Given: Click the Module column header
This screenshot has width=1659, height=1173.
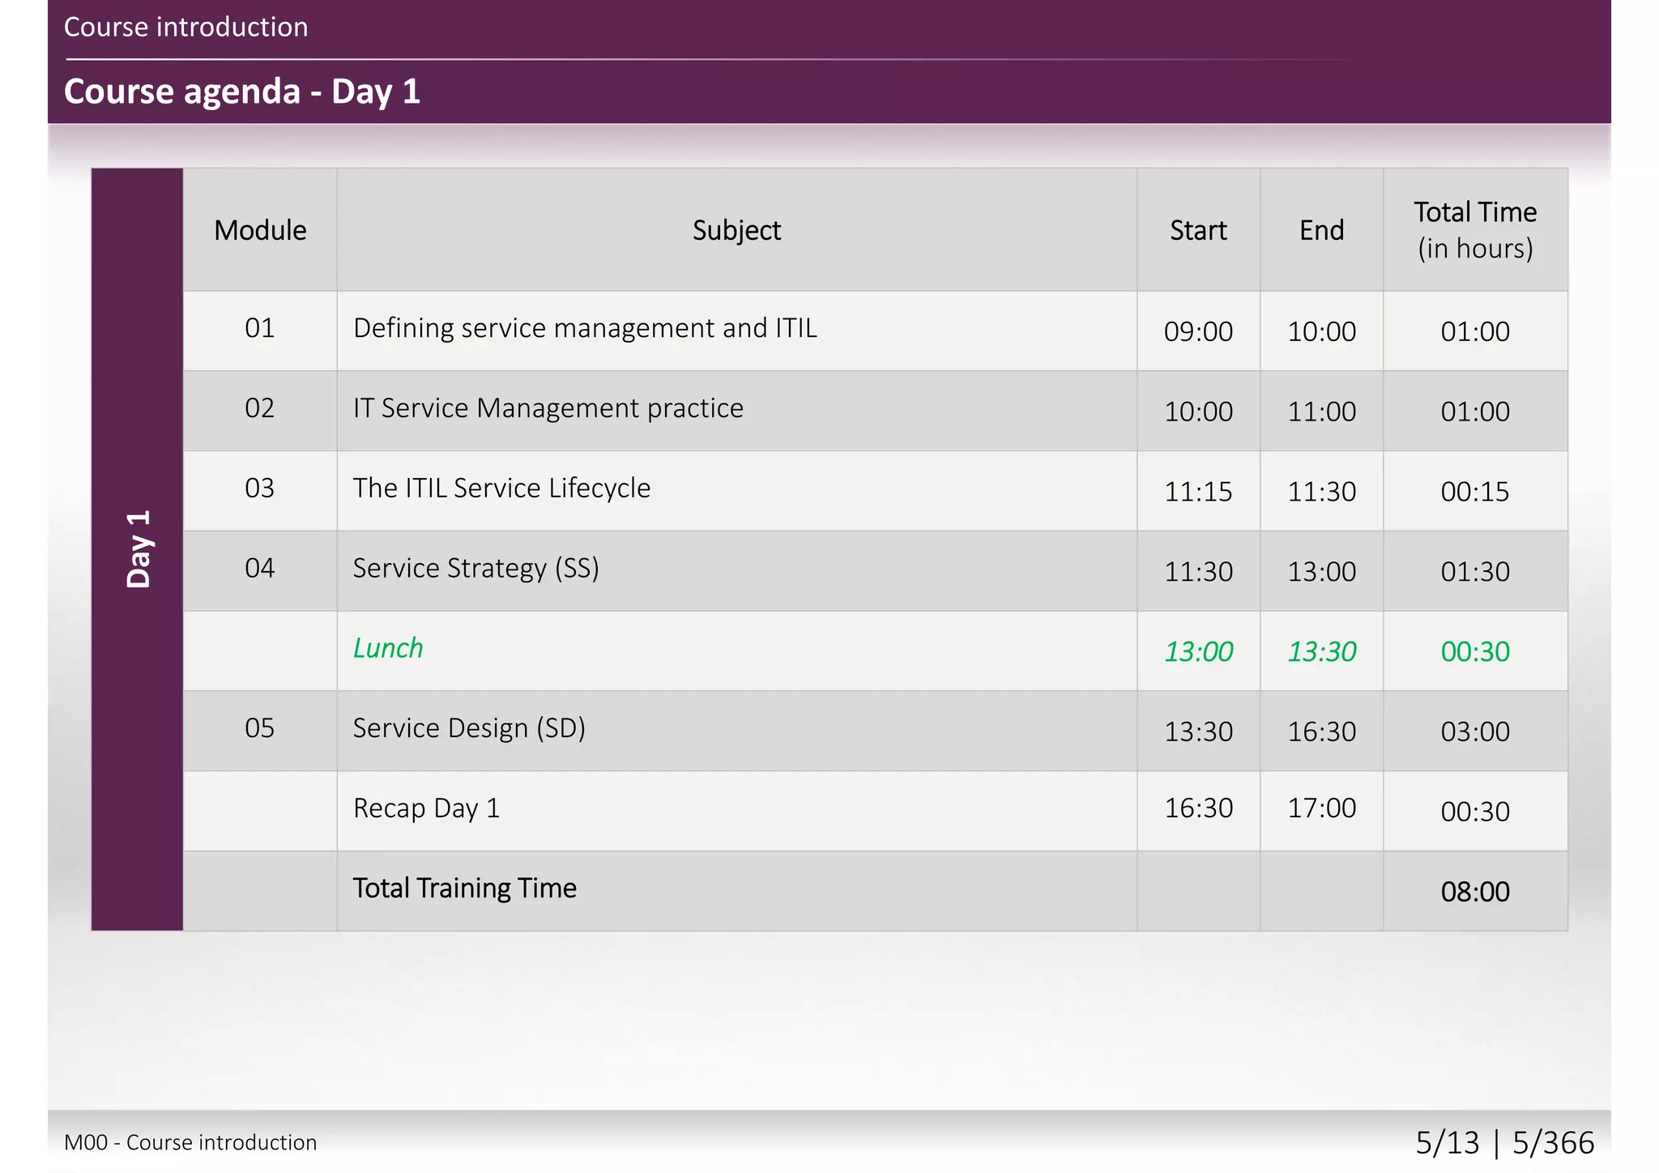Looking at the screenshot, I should pyautogui.click(x=260, y=231).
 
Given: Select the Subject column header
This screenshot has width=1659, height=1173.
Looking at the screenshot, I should pyautogui.click(x=736, y=231).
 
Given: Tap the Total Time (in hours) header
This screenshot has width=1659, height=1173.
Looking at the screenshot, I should pyautogui.click(x=1475, y=230).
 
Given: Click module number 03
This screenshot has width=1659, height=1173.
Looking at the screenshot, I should pyautogui.click(x=260, y=488).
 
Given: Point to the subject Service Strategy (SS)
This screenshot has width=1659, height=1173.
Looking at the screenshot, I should pyautogui.click(x=476, y=569).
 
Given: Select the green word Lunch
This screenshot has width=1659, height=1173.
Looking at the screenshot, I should pyautogui.click(x=388, y=649).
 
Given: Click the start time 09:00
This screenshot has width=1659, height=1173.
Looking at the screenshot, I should pyautogui.click(x=1198, y=331).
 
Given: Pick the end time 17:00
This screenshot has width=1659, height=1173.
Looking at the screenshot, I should pyautogui.click(x=1321, y=808).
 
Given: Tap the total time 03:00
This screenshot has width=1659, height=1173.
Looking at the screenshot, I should pyautogui.click(x=1475, y=732).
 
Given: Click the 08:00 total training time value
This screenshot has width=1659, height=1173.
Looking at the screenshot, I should pyautogui.click(x=1475, y=892).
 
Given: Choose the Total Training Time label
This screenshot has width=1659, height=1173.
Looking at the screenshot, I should pyautogui.click(x=464, y=889).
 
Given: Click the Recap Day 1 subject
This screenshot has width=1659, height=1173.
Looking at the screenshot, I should pyautogui.click(x=426, y=808).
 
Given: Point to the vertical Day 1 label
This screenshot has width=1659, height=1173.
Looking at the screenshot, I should pyautogui.click(x=139, y=549).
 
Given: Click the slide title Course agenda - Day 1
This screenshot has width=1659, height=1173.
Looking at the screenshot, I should pyautogui.click(x=241, y=92).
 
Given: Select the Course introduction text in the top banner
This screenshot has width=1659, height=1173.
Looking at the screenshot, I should pyautogui.click(x=186, y=28).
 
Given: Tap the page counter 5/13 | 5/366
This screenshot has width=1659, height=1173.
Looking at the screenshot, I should pyautogui.click(x=1504, y=1142).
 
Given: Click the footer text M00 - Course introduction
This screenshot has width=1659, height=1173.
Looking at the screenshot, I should pyautogui.click(x=190, y=1142).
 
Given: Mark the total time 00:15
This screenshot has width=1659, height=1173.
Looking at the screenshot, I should pyautogui.click(x=1475, y=492).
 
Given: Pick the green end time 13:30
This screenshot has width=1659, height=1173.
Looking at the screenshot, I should pyautogui.click(x=1321, y=651).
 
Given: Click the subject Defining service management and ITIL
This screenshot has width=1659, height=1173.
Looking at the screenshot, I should pyautogui.click(x=585, y=328).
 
